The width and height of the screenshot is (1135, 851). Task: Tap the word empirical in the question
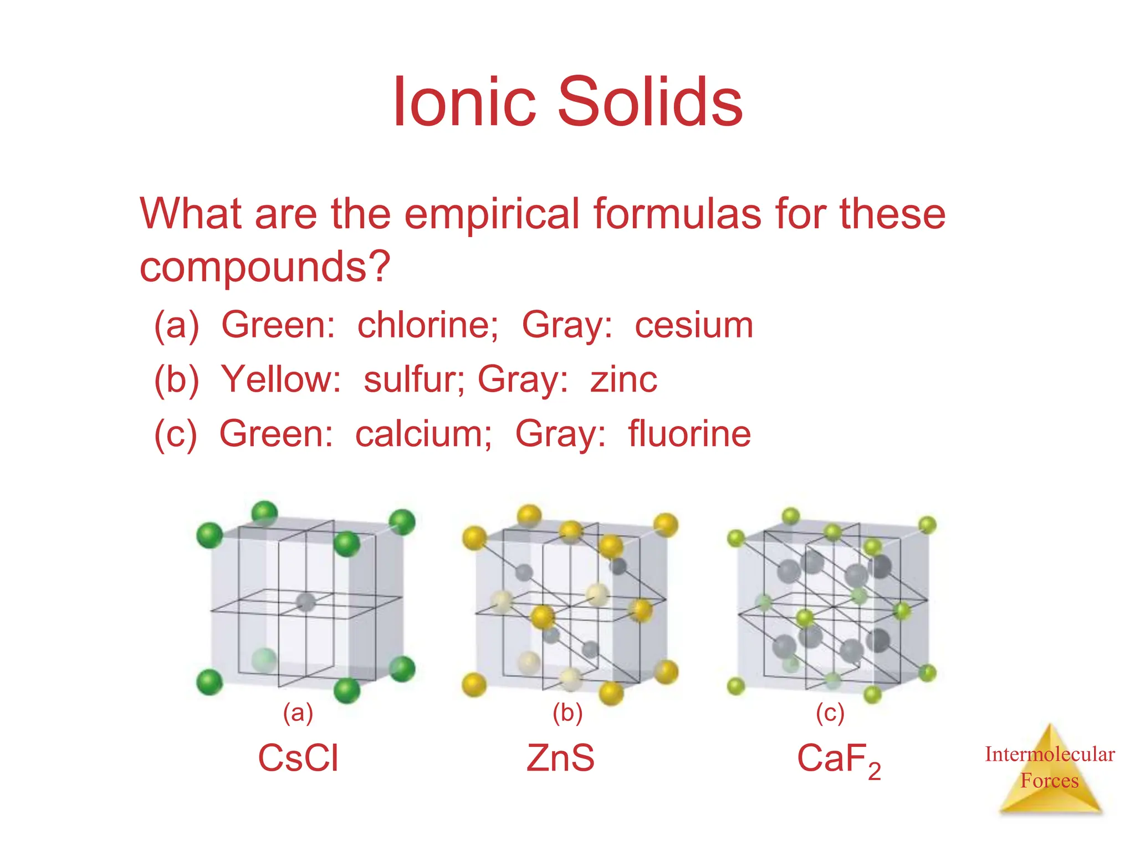pos(492,214)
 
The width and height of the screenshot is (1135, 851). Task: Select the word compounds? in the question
pos(265,267)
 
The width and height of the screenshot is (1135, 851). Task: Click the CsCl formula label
pos(298,758)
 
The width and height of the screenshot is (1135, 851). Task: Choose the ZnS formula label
pos(560,758)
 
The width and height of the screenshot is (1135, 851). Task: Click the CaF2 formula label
pos(838,759)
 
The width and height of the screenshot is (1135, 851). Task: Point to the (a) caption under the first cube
pos(298,713)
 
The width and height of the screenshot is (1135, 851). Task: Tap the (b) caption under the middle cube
pos(567,713)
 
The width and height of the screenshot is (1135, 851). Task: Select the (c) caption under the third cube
pos(830,713)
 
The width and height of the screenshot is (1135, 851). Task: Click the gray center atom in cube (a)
pos(305,602)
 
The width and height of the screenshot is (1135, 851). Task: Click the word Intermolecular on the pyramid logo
pos(1050,755)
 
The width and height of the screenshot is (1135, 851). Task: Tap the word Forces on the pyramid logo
pos(1050,781)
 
